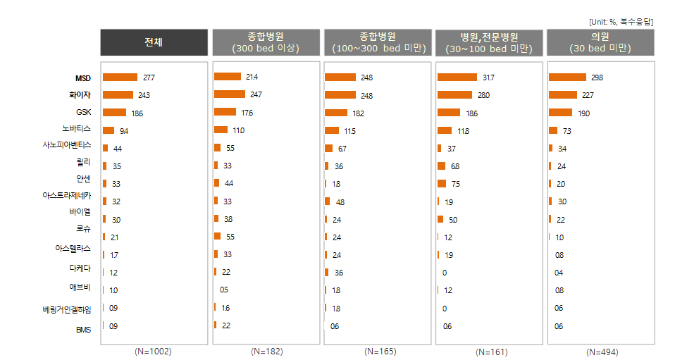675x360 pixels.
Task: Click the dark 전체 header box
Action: (154, 42)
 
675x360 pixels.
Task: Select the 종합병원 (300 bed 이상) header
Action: (266, 42)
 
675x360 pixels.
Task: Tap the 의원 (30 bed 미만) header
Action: (600, 42)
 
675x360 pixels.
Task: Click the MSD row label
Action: (83, 78)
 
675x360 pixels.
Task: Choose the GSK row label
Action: (83, 113)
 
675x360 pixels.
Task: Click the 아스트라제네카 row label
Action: (67, 195)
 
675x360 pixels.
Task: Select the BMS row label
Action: (83, 329)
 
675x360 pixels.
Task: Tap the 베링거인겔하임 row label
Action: (67, 309)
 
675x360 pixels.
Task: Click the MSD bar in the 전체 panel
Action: (120, 77)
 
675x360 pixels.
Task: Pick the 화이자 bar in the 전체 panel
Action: (118, 95)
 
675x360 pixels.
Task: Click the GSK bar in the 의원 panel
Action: (560, 112)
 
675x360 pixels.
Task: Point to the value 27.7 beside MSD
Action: (148, 77)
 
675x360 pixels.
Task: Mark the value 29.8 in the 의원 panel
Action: (597, 77)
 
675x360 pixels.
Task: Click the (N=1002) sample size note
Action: (153, 351)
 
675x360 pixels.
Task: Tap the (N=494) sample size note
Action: (600, 352)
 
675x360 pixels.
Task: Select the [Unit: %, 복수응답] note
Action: (621, 22)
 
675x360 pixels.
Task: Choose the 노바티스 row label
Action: (76, 129)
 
